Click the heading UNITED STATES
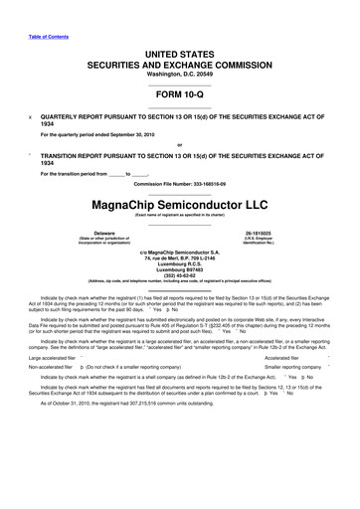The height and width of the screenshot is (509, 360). [x=180, y=51]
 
